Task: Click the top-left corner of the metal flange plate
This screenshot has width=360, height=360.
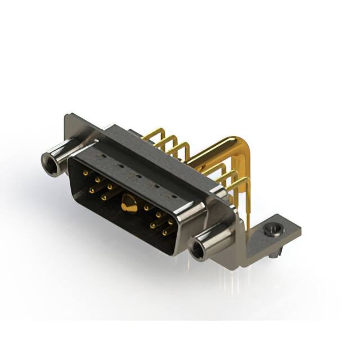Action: pos(67,116)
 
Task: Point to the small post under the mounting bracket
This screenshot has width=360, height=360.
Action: pos(273,256)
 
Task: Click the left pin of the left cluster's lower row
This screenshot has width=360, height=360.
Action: pos(92,191)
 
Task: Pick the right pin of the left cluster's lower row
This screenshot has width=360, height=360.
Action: pos(103,197)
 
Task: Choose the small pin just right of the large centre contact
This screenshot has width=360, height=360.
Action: pos(146,208)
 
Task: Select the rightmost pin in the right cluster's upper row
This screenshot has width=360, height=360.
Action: pos(170,222)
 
